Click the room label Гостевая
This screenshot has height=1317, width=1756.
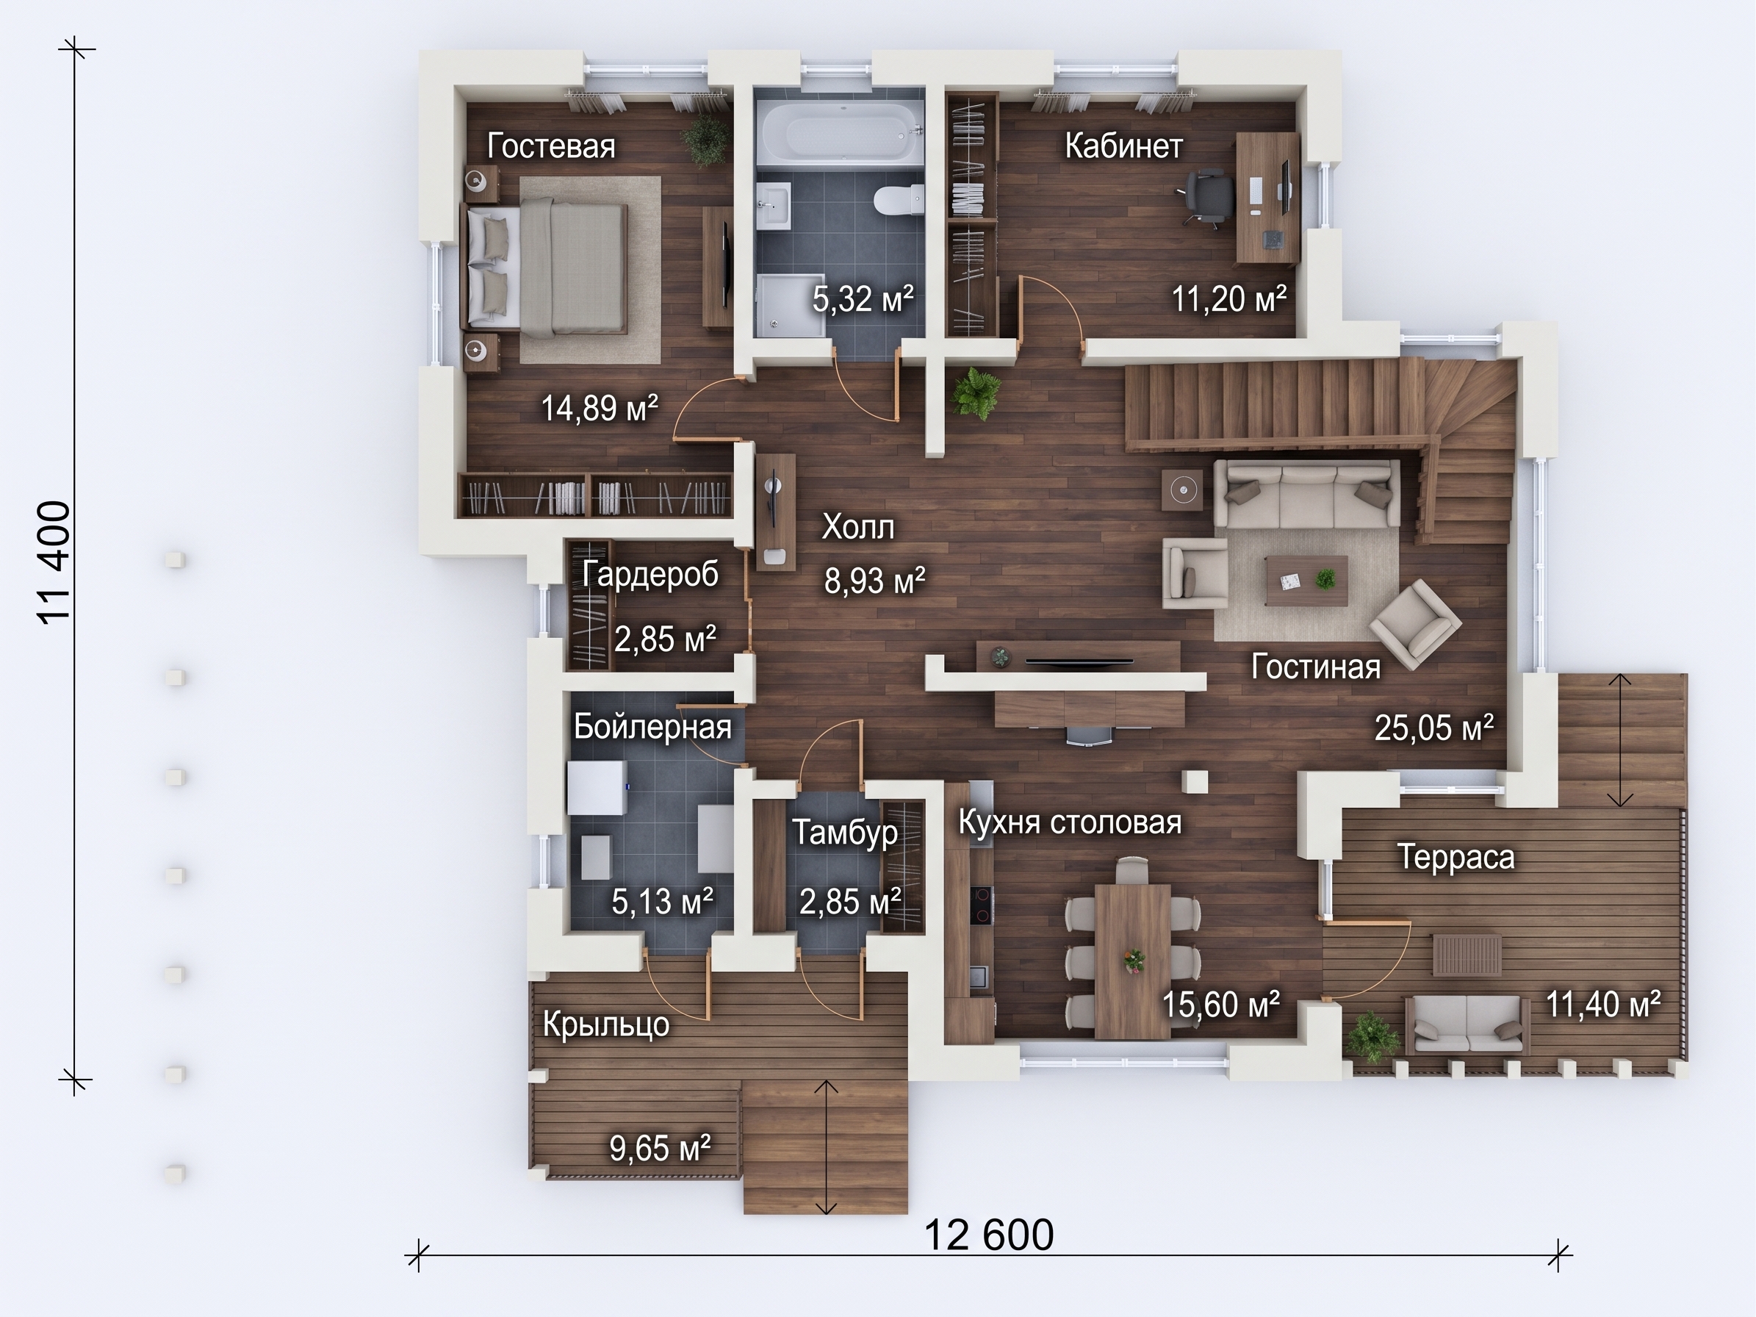pyautogui.click(x=551, y=147)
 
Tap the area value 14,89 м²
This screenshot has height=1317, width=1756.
pyautogui.click(x=600, y=408)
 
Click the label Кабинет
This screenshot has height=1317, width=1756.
pyautogui.click(x=1123, y=147)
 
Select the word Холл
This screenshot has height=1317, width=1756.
pyautogui.click(x=857, y=526)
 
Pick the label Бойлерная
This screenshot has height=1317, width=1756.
pyautogui.click(x=652, y=726)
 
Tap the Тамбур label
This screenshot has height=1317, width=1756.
pyautogui.click(x=845, y=833)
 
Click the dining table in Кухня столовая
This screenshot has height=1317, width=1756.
pyautogui.click(x=1132, y=961)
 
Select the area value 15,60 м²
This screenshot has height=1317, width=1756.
pyautogui.click(x=1221, y=1004)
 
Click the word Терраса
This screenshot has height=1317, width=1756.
pyautogui.click(x=1455, y=858)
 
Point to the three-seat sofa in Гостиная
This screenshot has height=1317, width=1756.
pyautogui.click(x=1306, y=494)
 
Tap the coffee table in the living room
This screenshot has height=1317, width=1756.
pyautogui.click(x=1306, y=581)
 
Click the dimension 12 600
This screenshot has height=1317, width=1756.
pyautogui.click(x=989, y=1235)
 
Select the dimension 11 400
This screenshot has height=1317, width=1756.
pyautogui.click(x=56, y=563)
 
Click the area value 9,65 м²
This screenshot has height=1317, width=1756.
pyautogui.click(x=660, y=1148)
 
